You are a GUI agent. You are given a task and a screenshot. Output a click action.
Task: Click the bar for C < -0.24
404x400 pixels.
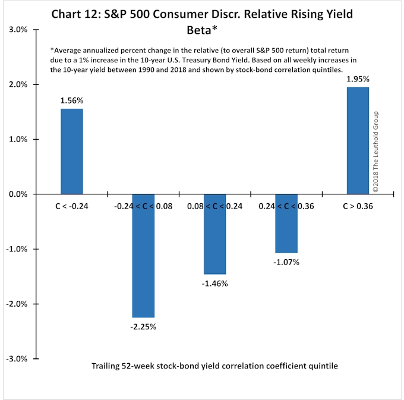click(x=71, y=151)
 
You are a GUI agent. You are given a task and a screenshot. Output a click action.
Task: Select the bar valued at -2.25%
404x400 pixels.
click(x=143, y=256)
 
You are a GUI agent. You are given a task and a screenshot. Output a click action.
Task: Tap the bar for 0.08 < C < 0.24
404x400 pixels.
click(x=214, y=234)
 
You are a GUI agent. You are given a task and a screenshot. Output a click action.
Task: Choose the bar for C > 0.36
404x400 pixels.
click(x=358, y=140)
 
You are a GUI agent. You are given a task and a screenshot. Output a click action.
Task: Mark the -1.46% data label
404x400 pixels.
click(x=214, y=283)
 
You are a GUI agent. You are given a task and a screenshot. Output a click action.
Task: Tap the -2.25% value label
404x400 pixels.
click(x=143, y=326)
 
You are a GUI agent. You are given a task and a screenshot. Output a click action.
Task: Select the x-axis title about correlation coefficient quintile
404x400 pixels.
click(x=214, y=366)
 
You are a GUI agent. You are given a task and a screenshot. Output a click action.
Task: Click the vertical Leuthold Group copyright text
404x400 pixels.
click(x=375, y=151)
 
